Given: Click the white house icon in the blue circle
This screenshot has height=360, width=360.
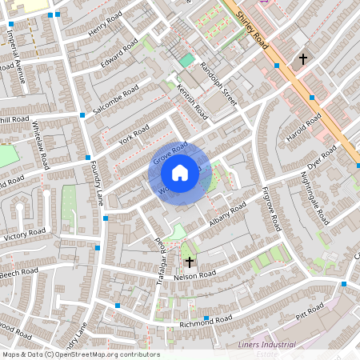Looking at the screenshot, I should (x=180, y=172).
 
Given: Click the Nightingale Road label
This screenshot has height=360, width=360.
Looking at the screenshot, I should (x=314, y=196).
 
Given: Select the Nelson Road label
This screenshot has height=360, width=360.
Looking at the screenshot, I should (x=196, y=275).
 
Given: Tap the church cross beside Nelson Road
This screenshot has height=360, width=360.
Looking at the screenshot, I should (x=190, y=262).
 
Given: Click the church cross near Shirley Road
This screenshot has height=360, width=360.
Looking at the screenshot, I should (x=302, y=58).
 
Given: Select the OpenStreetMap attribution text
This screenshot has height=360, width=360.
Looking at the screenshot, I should (x=81, y=354).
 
